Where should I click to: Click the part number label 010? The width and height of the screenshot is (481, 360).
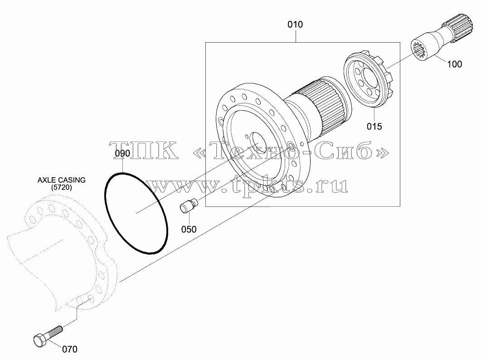pyautogui.click(x=295, y=24)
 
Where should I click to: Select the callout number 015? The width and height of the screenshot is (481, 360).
pyautogui.click(x=374, y=126)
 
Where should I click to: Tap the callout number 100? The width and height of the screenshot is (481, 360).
pyautogui.click(x=454, y=64)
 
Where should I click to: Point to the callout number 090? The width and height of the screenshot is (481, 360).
pyautogui.click(x=122, y=153)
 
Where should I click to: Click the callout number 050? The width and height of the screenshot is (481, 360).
pyautogui.click(x=189, y=229)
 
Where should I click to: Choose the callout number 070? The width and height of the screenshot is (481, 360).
pyautogui.click(x=70, y=349)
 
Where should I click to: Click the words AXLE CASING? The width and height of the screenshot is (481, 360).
pyautogui.click(x=61, y=180)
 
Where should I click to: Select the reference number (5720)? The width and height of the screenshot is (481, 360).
pyautogui.click(x=61, y=188)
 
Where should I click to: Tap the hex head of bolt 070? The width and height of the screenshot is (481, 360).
pyautogui.click(x=39, y=341)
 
